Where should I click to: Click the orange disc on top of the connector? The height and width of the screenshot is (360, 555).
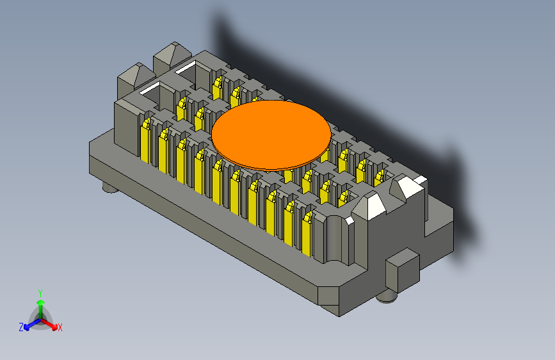coord(271,135)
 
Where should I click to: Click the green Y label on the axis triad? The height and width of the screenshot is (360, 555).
coord(40,292)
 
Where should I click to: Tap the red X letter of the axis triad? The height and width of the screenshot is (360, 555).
coord(60,327)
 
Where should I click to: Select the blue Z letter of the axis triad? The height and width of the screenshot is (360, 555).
coord(20,327)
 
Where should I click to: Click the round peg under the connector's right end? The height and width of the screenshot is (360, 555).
coord(387,295)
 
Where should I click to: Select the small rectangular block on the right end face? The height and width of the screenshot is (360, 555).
coord(402,270)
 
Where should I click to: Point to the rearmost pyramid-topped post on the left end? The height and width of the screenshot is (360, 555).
coord(170,57)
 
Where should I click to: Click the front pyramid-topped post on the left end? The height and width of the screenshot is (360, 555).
coord(133,76)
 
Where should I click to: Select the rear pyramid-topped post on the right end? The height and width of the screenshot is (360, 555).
coord(407,186)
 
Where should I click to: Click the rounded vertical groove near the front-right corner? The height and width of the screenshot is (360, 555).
coord(334,240)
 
